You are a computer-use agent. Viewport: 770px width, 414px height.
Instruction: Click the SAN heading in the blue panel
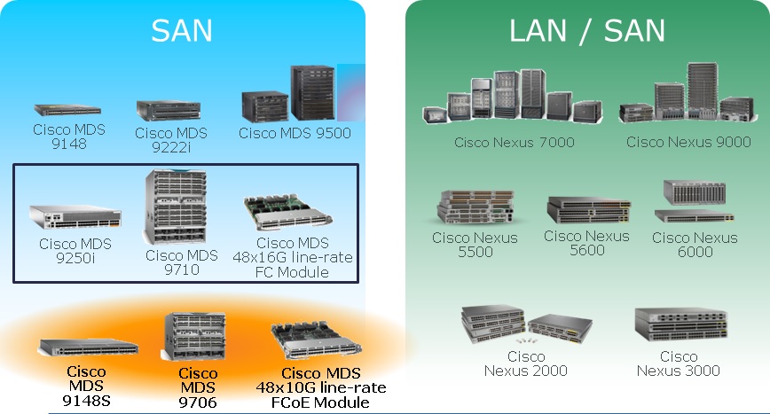point(182,30)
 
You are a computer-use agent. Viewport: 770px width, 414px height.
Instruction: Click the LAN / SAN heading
point(586,30)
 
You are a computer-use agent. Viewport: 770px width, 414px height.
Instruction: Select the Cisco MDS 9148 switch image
point(67,110)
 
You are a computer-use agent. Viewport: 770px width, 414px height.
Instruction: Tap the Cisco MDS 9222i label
point(171,139)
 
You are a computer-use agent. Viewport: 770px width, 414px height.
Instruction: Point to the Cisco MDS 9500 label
point(295,133)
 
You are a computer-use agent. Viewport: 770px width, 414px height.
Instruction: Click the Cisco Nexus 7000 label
point(515,142)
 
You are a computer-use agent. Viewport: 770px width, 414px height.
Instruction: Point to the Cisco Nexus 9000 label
point(688,142)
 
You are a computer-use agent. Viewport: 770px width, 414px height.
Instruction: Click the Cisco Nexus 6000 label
point(695,245)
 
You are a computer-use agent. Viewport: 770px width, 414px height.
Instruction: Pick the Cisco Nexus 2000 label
point(526,363)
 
